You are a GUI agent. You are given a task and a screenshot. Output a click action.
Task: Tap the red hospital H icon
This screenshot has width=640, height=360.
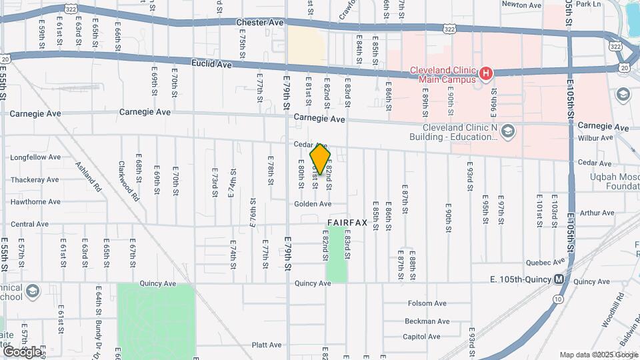coord(485,72)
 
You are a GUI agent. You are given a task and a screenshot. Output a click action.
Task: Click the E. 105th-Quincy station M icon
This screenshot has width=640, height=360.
coord(559,279)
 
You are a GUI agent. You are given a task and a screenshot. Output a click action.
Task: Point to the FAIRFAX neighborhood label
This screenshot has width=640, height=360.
coord(347,223)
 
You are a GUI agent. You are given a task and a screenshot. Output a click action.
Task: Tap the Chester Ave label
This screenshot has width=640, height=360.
coord(260,23)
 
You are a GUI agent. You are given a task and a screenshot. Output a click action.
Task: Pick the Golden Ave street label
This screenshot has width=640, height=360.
coord(313,204)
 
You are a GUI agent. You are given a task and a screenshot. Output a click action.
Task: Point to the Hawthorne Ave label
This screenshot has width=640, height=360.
coord(35,201)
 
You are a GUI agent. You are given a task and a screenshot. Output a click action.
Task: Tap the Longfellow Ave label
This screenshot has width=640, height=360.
coord(35,157)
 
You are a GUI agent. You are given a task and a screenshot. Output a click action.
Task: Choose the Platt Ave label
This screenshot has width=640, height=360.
coord(267,345)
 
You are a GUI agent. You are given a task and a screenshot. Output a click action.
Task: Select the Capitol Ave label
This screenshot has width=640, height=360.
coord(422,337)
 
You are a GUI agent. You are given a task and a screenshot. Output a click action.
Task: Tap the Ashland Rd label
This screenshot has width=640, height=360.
coord(87,177)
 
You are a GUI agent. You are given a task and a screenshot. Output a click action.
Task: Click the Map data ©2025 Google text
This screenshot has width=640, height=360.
coord(599,355)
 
